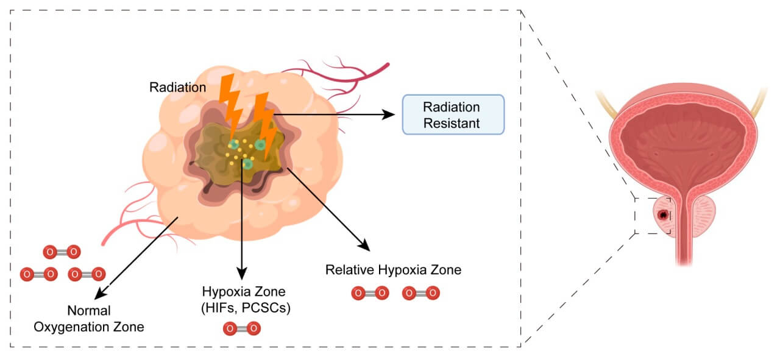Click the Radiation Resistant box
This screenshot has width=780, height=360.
(x=452, y=115)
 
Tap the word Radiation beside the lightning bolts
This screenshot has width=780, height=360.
(x=177, y=88)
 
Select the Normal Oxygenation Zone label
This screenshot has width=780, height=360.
(x=88, y=319)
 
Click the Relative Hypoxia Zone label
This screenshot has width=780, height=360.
(x=393, y=269)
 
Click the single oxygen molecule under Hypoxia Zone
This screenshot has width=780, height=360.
(x=241, y=329)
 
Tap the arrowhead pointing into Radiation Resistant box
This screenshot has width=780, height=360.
(x=388, y=115)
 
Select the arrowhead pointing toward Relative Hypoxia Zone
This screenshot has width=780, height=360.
(x=365, y=247)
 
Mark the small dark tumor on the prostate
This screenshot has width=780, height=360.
(x=663, y=215)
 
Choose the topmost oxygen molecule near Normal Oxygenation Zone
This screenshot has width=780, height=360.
(x=61, y=251)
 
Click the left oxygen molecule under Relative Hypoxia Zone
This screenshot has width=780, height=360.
(x=369, y=293)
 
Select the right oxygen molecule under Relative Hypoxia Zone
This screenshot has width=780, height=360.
(x=420, y=293)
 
